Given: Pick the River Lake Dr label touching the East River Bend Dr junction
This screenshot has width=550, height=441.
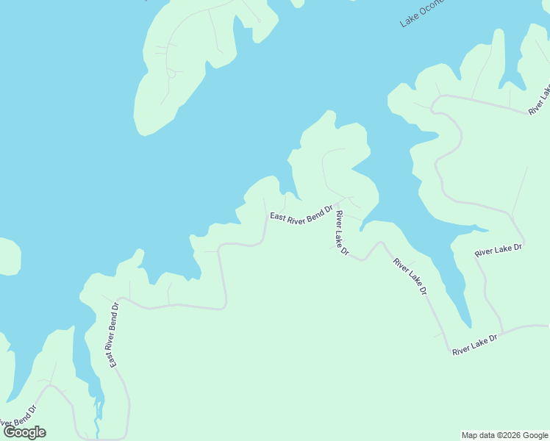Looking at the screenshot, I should point(341,233).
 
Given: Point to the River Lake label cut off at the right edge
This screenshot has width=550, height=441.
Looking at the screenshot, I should point(539,101).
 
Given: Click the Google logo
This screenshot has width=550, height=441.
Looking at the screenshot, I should point(25,432).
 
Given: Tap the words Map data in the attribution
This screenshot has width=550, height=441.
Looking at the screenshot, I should point(477,435).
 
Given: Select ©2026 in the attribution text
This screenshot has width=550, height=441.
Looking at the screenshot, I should point(507,435).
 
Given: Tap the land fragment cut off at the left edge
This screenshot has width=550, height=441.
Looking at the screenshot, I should point(9,256).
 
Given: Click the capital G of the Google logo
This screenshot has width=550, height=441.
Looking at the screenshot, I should point(10,432).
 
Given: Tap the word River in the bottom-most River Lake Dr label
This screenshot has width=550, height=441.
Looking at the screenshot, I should point(461,349).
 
